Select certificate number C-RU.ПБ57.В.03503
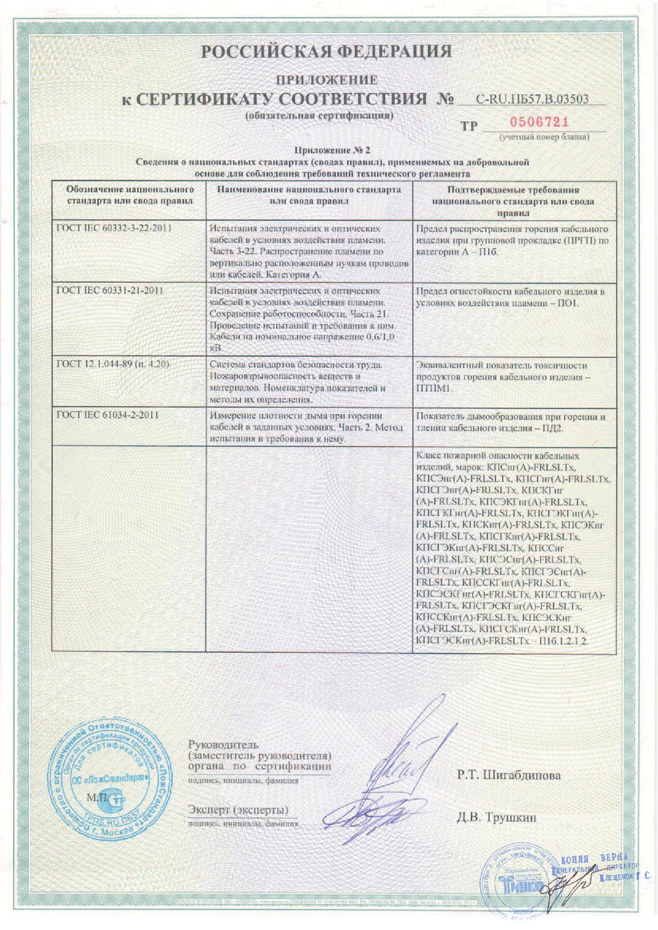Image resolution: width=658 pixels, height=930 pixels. pos(533,99)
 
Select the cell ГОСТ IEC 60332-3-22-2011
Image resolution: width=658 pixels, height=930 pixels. pos(115,229)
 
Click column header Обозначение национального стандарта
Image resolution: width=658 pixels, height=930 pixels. pos(129,195)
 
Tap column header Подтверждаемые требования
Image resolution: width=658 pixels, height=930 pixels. pos(513,190)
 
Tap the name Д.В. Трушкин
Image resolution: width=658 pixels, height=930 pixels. pos(497,817)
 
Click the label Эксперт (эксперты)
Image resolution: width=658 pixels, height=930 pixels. pos(238,810)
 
